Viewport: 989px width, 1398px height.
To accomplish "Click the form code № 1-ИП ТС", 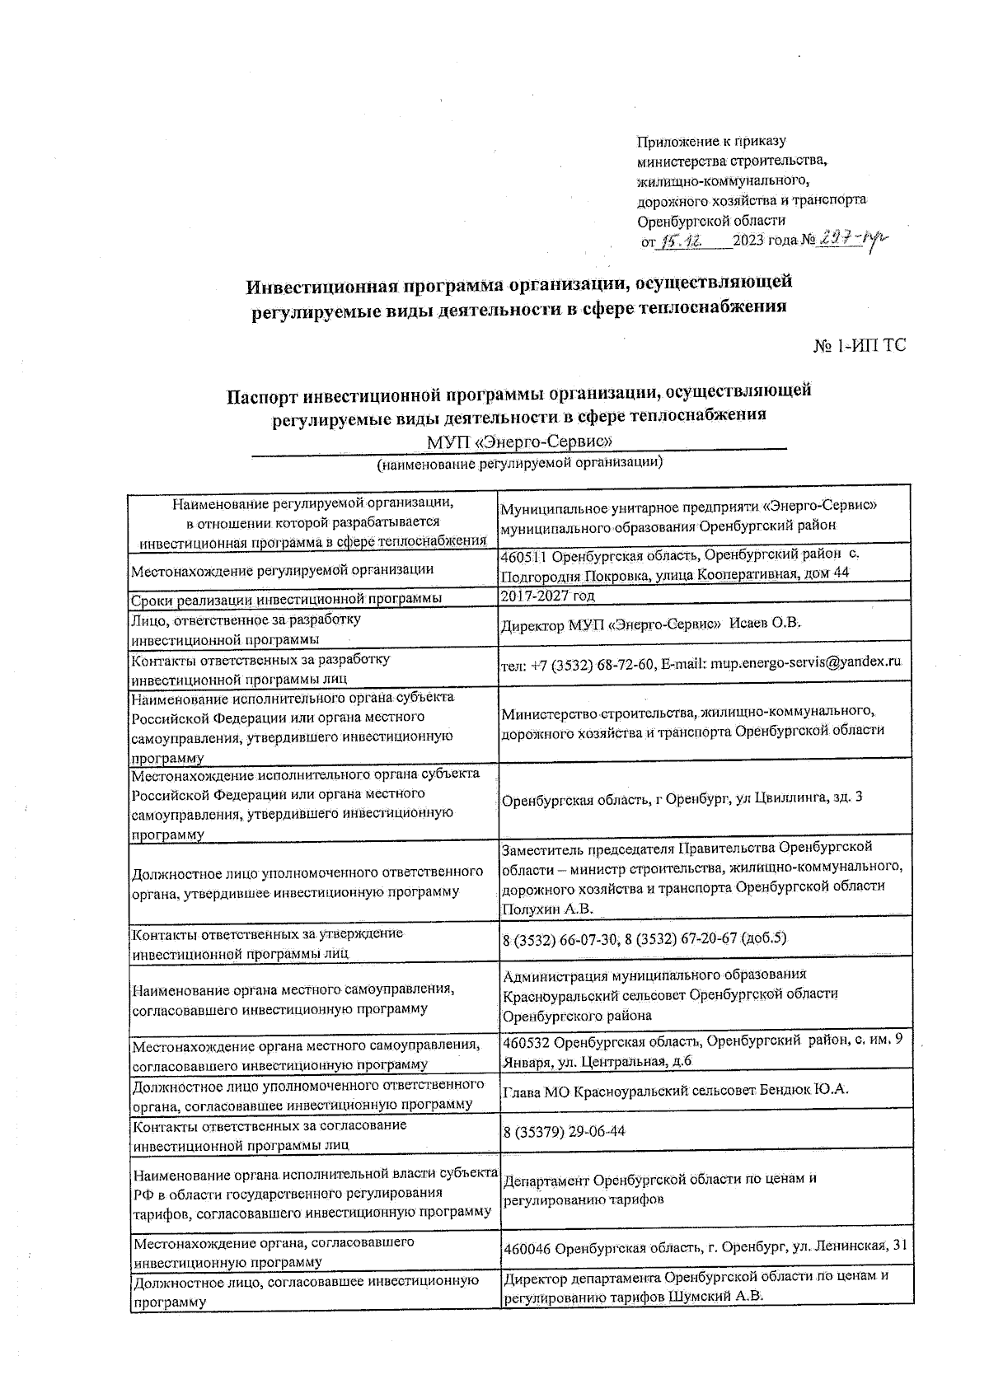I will (860, 346).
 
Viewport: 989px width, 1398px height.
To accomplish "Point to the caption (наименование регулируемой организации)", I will (520, 463).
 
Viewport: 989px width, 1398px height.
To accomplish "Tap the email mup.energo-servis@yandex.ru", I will (806, 663).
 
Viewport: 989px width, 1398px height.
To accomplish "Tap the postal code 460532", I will (527, 1041).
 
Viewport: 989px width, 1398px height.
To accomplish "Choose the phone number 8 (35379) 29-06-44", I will (564, 1132).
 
